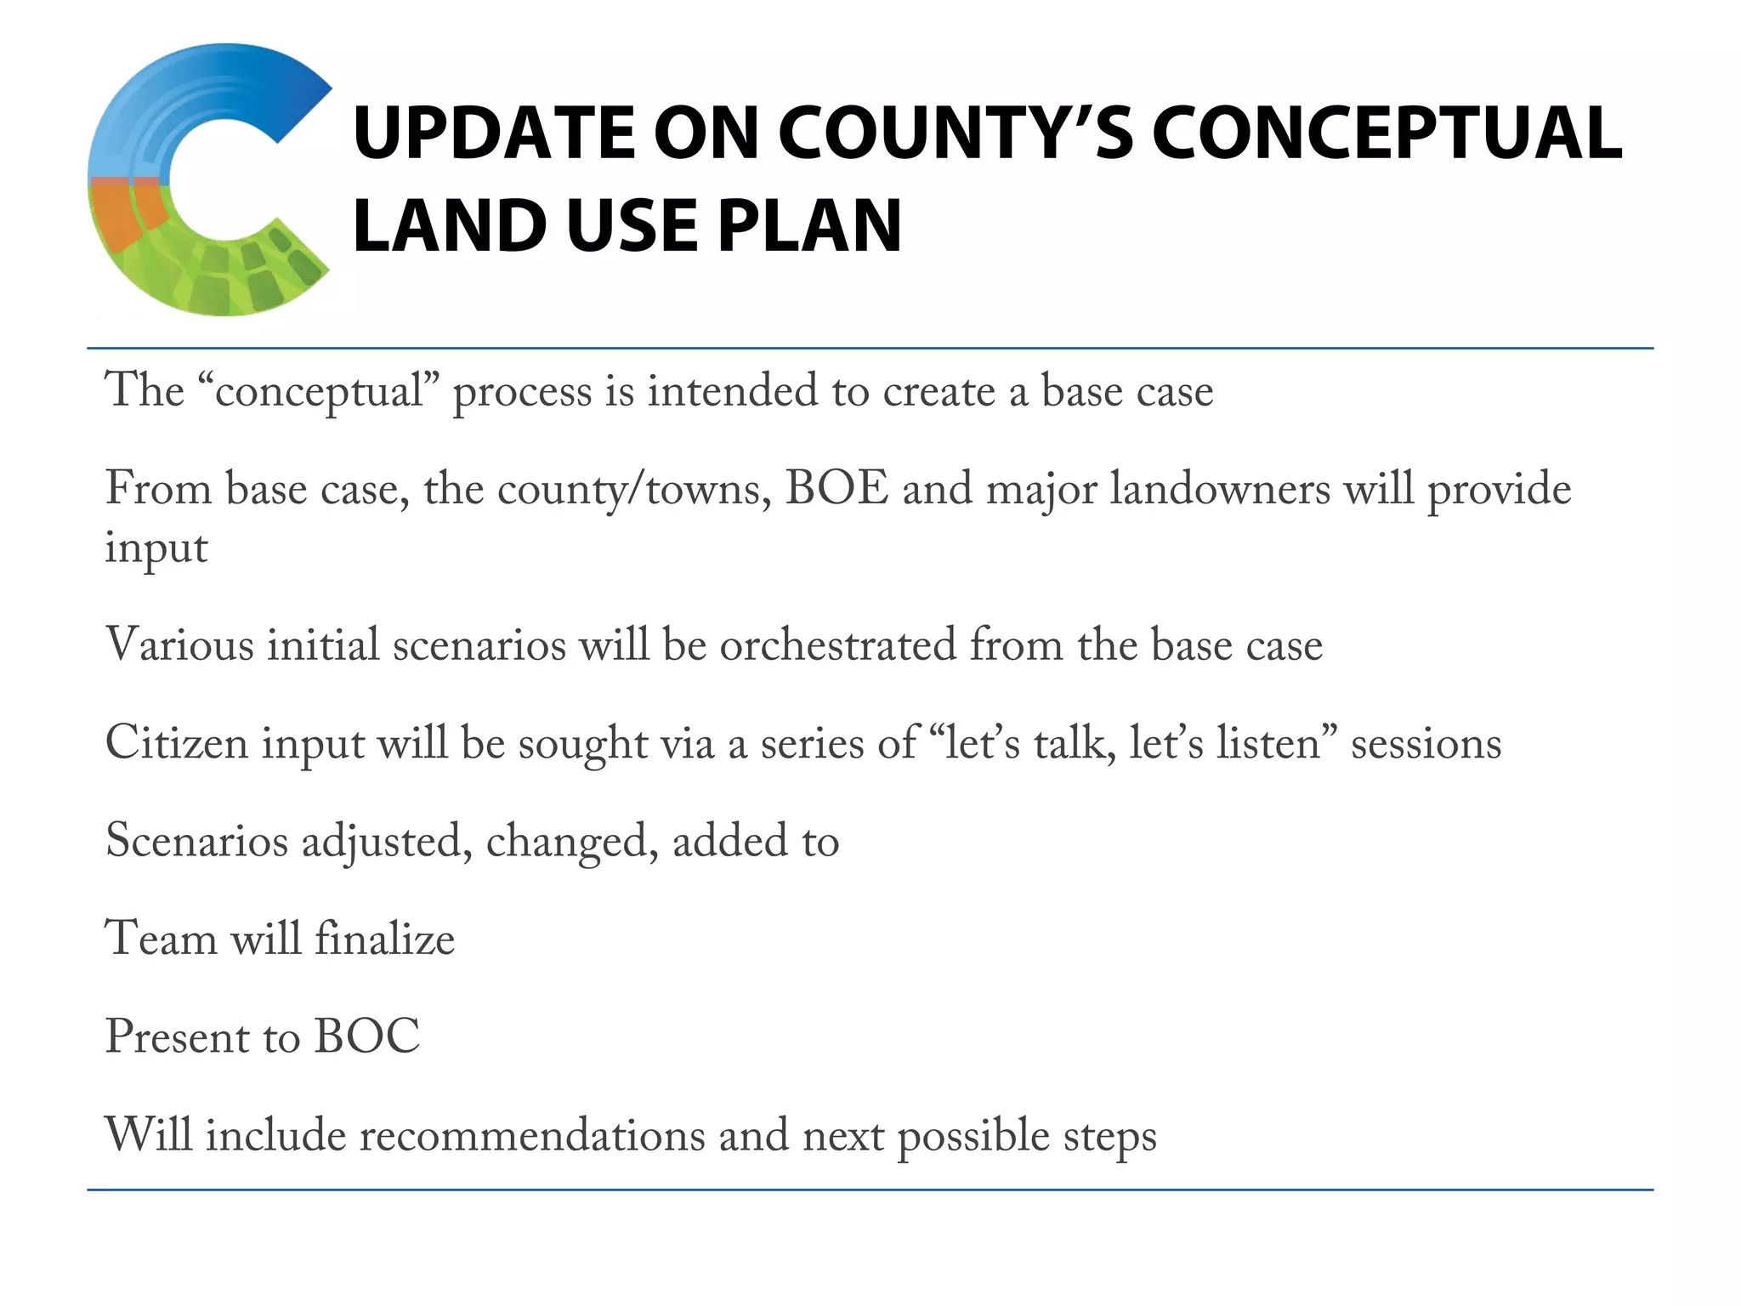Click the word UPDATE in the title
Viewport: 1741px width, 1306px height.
pos(493,133)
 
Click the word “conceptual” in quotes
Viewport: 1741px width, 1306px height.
pos(318,392)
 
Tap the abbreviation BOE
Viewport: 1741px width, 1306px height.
pos(836,490)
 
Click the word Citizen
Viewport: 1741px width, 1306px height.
pos(176,743)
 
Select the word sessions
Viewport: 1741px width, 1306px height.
pos(1426,743)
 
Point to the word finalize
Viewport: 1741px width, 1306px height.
pos(384,939)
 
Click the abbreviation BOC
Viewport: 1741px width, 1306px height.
pos(366,1037)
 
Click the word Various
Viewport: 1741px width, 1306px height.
pos(179,644)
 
